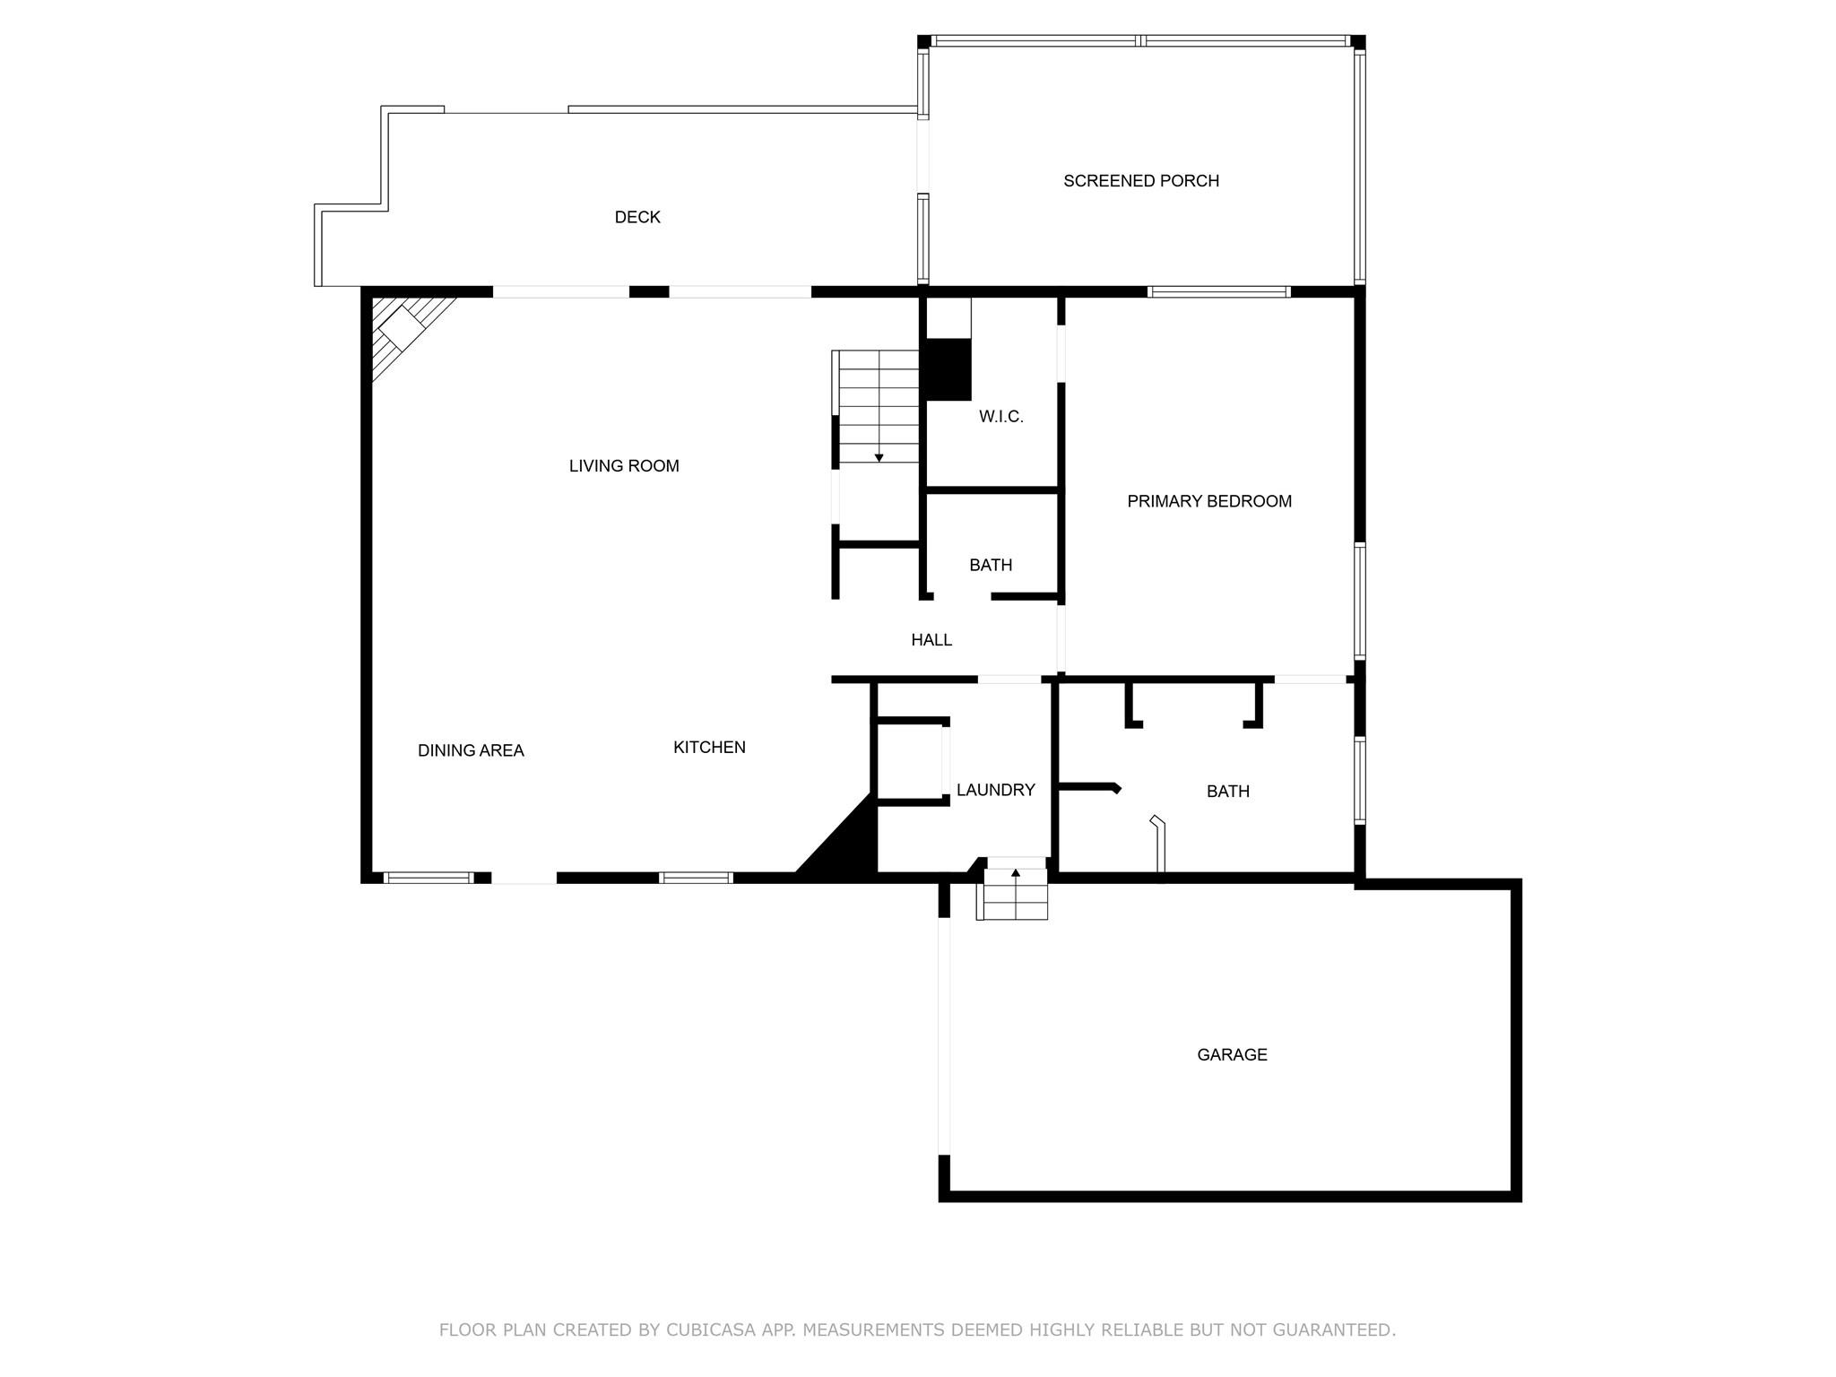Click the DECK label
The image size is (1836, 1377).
637,217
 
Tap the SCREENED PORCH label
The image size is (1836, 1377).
1141,181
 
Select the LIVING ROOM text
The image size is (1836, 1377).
624,466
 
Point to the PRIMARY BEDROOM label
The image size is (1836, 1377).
1209,501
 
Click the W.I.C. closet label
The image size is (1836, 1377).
1001,417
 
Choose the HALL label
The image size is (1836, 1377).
931,640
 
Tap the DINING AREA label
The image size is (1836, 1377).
471,751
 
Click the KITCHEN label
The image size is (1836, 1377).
709,748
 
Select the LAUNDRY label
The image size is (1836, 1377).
995,790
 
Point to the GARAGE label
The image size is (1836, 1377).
1232,1055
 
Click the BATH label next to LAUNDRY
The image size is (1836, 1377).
1227,792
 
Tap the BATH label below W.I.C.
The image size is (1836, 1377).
991,566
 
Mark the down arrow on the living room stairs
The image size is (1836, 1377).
879,458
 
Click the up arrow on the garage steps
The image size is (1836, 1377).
1016,872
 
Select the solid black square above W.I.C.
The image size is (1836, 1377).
948,369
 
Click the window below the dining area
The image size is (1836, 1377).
429,878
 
